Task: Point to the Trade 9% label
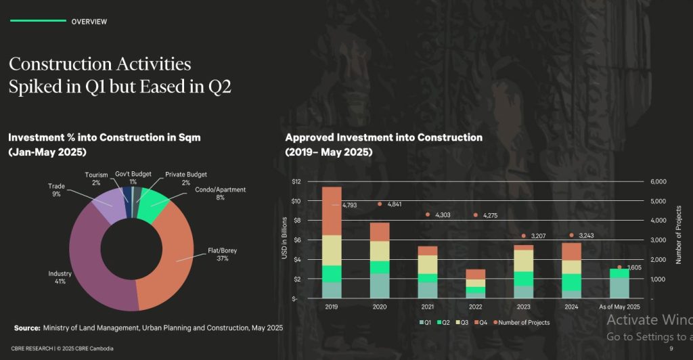pyautogui.click(x=56, y=189)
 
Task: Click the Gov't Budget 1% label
pyautogui.click(x=133, y=177)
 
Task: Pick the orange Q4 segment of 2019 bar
pyautogui.click(x=332, y=210)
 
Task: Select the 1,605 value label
pyautogui.click(x=633, y=267)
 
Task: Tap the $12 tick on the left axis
pyautogui.click(x=296, y=181)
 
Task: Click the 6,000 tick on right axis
pyautogui.click(x=658, y=181)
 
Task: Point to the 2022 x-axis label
pyautogui.click(x=475, y=307)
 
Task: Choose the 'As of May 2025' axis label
pyautogui.click(x=619, y=307)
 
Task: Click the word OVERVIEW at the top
pyautogui.click(x=89, y=22)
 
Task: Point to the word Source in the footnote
pyautogui.click(x=26, y=328)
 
